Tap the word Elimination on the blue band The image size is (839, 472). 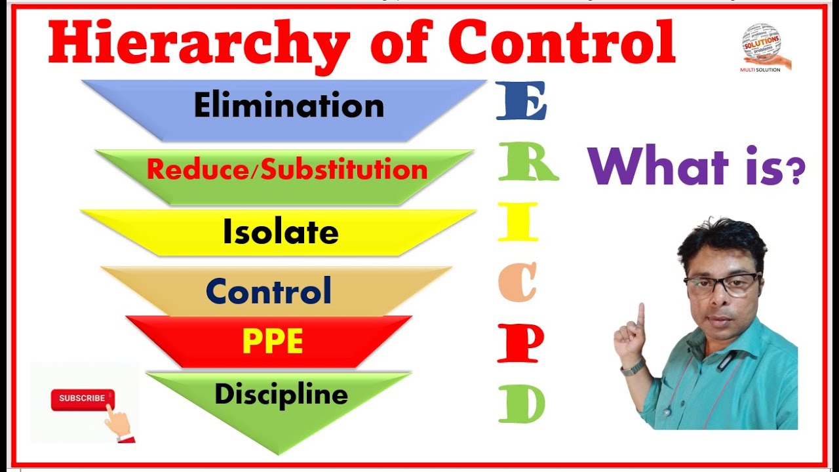(x=289, y=106)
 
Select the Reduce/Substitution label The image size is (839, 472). (x=287, y=170)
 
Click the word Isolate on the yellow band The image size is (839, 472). (x=281, y=232)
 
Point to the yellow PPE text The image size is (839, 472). (x=273, y=342)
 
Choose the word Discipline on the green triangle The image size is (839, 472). (x=281, y=395)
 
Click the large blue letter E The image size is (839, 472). (x=521, y=102)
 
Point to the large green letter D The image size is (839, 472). (x=522, y=403)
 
